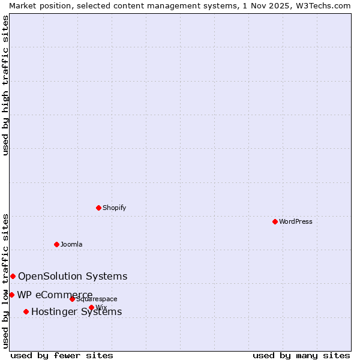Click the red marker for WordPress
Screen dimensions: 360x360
coord(275,221)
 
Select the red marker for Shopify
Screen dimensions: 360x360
coord(98,208)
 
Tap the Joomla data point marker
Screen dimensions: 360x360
coord(56,244)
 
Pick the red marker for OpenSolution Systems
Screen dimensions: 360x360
coord(13,276)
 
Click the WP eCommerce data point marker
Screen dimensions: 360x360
coord(11,295)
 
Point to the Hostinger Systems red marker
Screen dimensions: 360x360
coord(26,311)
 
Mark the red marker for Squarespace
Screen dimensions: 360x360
coord(72,299)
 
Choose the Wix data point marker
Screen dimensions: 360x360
coord(91,307)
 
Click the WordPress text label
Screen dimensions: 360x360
coord(296,221)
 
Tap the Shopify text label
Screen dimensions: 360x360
coord(115,208)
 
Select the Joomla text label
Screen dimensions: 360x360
coord(71,244)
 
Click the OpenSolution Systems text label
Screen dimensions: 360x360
coord(73,276)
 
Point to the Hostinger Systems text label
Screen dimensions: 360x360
coord(77,311)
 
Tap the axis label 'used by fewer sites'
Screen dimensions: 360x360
coord(62,355)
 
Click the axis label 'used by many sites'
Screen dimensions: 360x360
coord(301,355)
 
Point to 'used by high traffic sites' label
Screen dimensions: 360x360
coord(5,85)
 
